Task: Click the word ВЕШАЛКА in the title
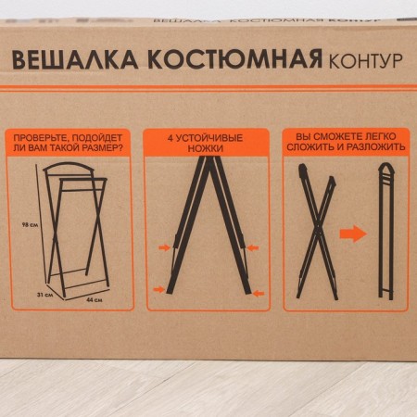[x=73, y=60]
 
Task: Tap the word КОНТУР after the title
[x=365, y=61]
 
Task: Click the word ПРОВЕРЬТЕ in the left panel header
[x=47, y=135]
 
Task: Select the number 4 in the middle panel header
[x=171, y=135]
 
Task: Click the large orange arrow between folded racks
[x=353, y=234]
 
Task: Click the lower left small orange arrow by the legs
[x=159, y=290]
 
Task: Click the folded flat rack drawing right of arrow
[x=386, y=232]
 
